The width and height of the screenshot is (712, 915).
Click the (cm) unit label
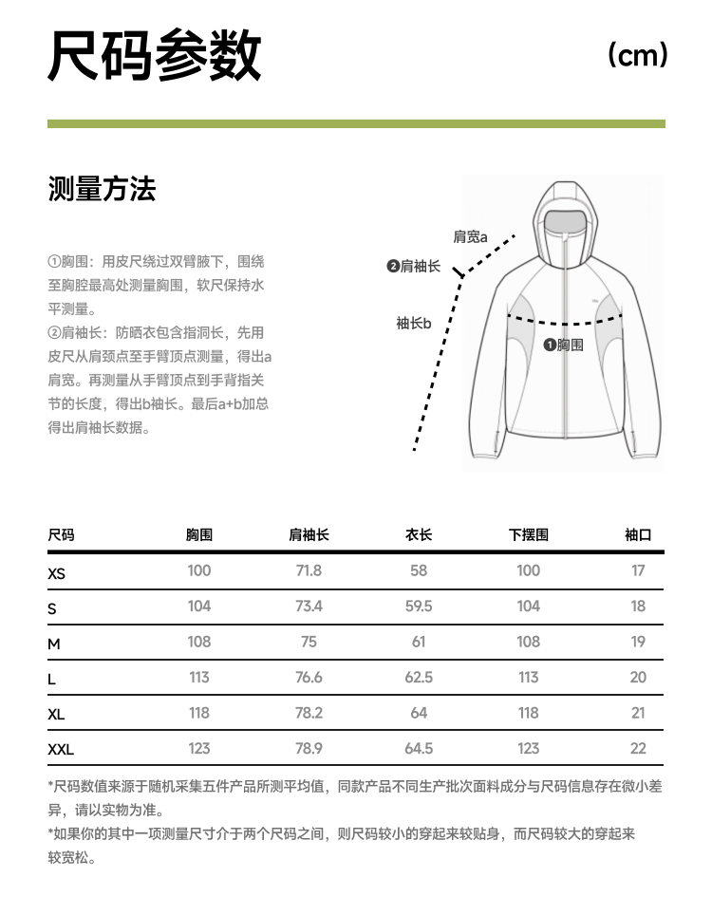(638, 55)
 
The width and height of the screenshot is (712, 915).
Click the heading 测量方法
(102, 190)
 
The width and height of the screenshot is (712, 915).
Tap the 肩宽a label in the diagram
(470, 237)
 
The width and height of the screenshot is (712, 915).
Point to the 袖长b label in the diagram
(413, 324)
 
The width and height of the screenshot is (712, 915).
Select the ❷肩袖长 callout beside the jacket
(414, 267)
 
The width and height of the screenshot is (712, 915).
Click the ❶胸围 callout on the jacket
(563, 345)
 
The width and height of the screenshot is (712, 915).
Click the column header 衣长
(419, 535)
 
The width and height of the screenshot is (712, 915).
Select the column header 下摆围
(529, 535)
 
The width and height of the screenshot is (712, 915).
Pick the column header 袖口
(638, 535)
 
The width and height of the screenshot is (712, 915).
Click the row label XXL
(61, 750)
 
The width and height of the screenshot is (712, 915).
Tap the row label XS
(57, 573)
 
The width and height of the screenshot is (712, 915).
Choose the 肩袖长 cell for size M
(309, 642)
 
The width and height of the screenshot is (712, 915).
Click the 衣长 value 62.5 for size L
(419, 677)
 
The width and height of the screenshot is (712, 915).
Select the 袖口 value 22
(638, 748)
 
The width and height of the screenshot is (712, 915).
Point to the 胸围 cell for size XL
(199, 713)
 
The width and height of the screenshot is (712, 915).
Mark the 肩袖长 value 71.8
(309, 570)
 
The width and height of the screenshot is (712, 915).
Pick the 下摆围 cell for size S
(529, 607)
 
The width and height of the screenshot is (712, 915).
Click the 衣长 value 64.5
(419, 748)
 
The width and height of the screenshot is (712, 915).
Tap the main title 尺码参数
(155, 56)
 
